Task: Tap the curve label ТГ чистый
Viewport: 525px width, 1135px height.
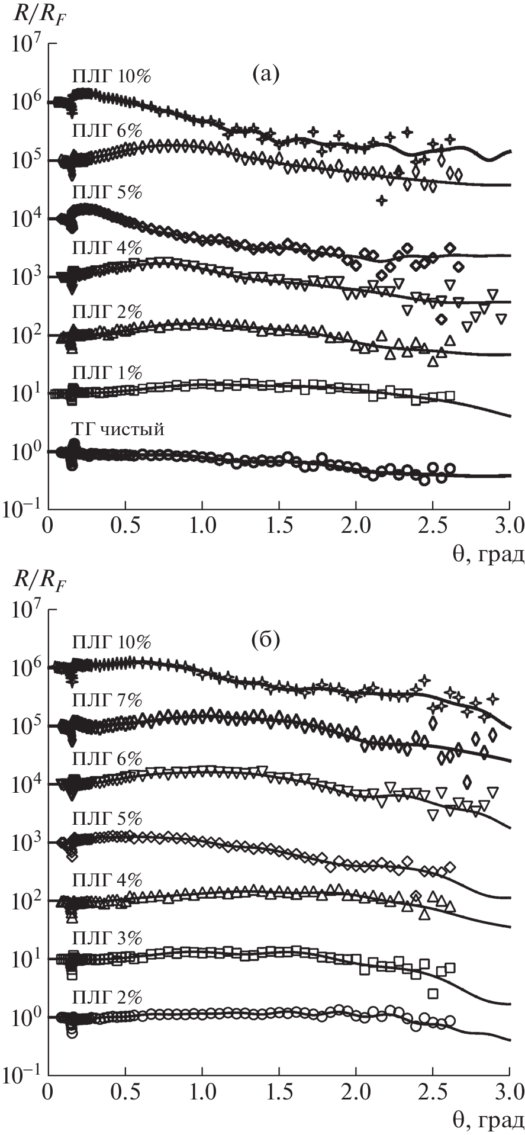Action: pos(118,429)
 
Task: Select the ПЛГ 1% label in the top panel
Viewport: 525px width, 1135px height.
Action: pos(107,372)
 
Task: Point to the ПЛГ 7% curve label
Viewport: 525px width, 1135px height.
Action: pos(107,700)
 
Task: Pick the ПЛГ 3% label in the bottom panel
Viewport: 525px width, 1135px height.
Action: pos(107,938)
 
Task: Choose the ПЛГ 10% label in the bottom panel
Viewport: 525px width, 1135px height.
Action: pos(111,642)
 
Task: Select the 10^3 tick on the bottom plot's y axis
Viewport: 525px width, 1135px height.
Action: pos(25,842)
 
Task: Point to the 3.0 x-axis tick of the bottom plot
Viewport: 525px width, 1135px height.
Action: pos(509,1091)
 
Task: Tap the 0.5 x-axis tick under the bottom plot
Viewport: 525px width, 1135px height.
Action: pos(125,1091)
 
